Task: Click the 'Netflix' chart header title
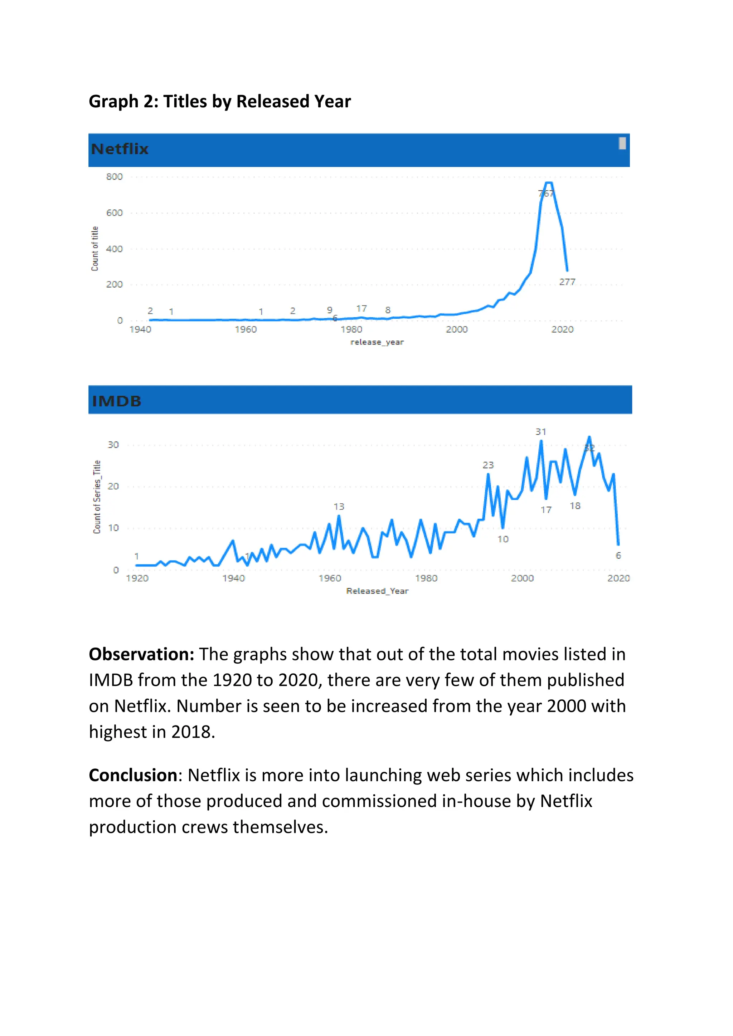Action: [x=120, y=149]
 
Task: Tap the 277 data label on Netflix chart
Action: [x=567, y=282]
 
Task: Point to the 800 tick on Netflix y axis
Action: [x=114, y=177]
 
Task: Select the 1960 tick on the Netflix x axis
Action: [x=246, y=330]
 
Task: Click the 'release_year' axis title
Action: [x=377, y=342]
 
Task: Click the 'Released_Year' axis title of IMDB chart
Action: [x=377, y=591]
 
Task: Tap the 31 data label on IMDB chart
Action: [x=541, y=432]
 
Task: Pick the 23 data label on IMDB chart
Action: [x=488, y=465]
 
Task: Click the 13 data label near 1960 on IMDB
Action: [x=339, y=507]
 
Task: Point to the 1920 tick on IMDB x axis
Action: [x=137, y=578]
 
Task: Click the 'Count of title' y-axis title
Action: [x=95, y=249]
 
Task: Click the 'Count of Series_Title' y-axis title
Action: [x=97, y=497]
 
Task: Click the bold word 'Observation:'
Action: [x=141, y=654]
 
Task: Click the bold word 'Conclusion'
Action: [x=133, y=775]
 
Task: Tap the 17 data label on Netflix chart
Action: [x=361, y=309]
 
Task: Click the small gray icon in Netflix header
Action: [x=622, y=143]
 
